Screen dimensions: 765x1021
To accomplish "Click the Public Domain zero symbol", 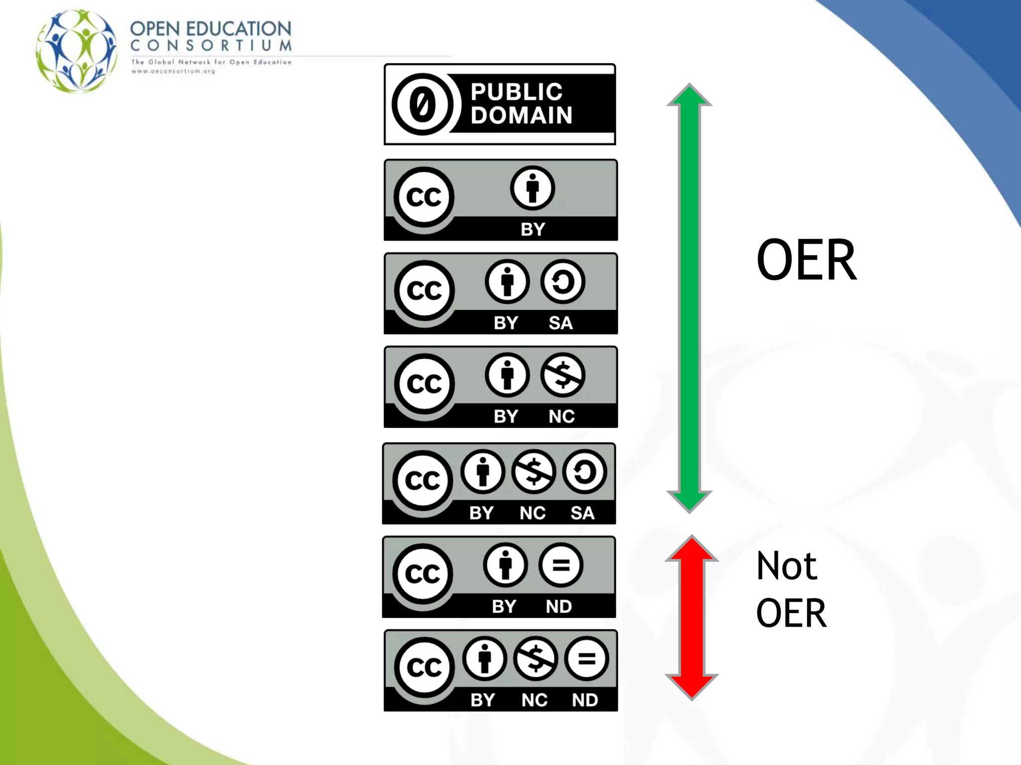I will point(423,105).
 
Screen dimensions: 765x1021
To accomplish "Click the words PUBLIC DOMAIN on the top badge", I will point(521,104).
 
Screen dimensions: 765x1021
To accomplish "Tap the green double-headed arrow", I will point(689,298).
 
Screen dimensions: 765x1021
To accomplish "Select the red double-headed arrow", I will point(691,618).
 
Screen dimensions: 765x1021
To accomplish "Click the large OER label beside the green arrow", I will point(806,260).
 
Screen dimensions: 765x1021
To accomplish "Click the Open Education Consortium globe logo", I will point(77,51).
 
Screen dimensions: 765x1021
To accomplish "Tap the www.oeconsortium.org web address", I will point(173,71).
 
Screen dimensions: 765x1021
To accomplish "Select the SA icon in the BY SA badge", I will point(562,282).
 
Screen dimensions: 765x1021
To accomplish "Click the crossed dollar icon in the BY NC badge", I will point(562,375).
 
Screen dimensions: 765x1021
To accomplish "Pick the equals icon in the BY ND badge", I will point(560,565).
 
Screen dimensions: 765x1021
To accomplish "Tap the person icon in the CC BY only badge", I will point(532,188).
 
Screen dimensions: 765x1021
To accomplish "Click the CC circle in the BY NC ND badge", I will point(424,667).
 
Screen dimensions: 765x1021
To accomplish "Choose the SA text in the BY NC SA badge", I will point(582,513).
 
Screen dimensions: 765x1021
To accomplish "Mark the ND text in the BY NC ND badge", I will point(585,700).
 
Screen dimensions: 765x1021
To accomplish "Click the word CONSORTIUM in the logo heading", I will point(211,46).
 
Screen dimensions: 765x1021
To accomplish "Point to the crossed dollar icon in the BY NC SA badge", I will point(533,472).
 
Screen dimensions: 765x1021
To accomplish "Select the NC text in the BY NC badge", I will point(561,416).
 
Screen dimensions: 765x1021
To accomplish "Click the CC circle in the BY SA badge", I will point(424,290).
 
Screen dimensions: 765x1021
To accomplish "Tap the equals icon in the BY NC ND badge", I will point(586,659).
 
